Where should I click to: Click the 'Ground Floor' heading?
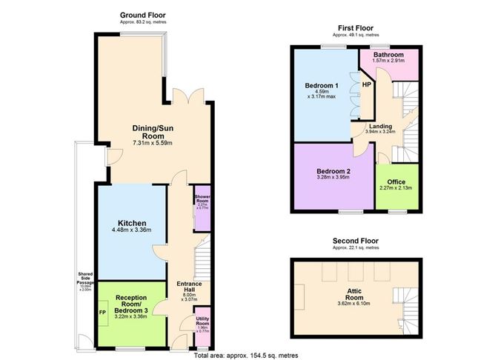(144, 14)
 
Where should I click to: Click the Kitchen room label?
(131, 223)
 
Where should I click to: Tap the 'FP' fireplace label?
(102, 313)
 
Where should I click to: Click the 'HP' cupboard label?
(366, 84)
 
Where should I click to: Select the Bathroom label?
(388, 55)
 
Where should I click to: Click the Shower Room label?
(202, 199)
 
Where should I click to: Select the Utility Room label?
(202, 324)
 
